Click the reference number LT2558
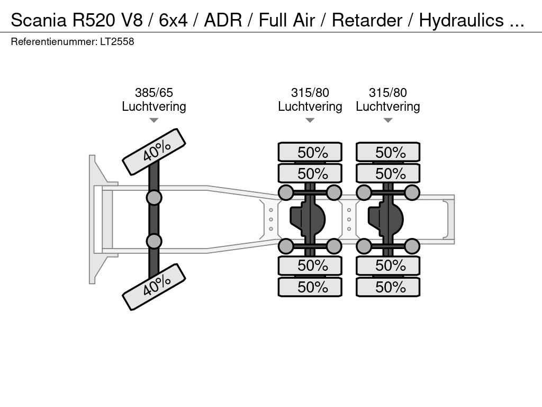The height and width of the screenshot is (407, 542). click(x=117, y=41)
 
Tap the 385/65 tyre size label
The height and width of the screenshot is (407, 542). click(x=153, y=93)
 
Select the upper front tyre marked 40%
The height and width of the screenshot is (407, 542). click(x=154, y=152)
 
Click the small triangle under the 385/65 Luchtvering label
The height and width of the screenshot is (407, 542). click(x=153, y=120)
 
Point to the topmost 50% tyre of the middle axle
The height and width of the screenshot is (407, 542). click(x=310, y=152)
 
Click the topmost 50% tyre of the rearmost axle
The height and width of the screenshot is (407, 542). click(x=388, y=152)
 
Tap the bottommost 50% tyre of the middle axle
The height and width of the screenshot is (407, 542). click(x=310, y=287)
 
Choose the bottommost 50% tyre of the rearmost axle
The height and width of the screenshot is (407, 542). click(x=388, y=287)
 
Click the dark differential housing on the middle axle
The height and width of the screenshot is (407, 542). click(x=309, y=219)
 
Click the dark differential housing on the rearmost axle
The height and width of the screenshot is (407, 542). click(x=386, y=219)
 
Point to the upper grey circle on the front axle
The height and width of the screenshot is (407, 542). click(x=154, y=198)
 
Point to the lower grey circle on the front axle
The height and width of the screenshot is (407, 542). click(x=154, y=241)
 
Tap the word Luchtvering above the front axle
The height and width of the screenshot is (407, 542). click(x=153, y=107)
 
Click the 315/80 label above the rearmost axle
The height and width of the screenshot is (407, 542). click(x=388, y=93)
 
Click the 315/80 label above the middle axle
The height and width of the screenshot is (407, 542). click(x=310, y=93)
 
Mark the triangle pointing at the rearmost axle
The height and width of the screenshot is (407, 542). click(x=388, y=120)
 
